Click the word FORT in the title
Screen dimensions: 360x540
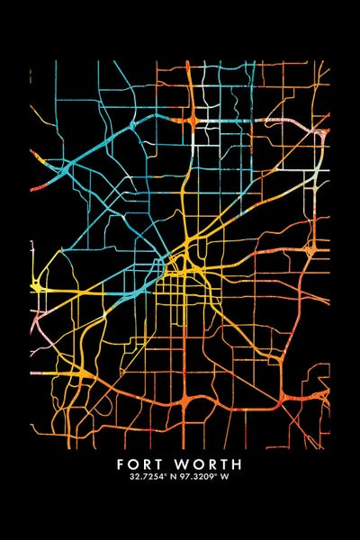(145, 464)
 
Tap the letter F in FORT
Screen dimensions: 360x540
(121, 464)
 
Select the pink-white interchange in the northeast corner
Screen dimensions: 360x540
(318, 135)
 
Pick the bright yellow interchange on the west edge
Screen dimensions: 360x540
(36, 286)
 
